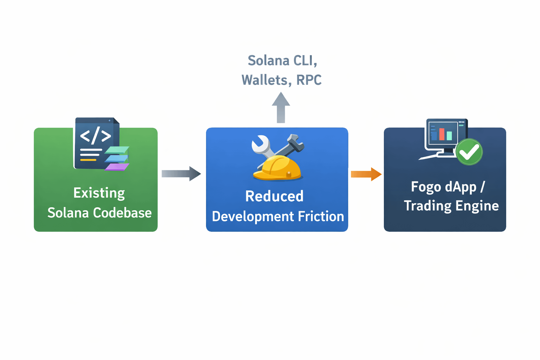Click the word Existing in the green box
coord(99,193)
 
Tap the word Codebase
coord(122,213)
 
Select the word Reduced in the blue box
coord(274,196)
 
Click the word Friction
coord(321,216)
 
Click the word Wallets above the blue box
coord(266,80)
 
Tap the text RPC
coord(309,80)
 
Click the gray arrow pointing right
coord(181,174)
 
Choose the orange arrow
coord(366,174)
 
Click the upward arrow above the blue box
coord(281,107)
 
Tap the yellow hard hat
coord(277,168)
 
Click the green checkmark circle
coord(469,152)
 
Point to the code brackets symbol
coord(96,135)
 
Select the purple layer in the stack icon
coord(117,167)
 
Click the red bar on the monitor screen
coord(442,134)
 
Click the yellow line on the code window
coord(88,160)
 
